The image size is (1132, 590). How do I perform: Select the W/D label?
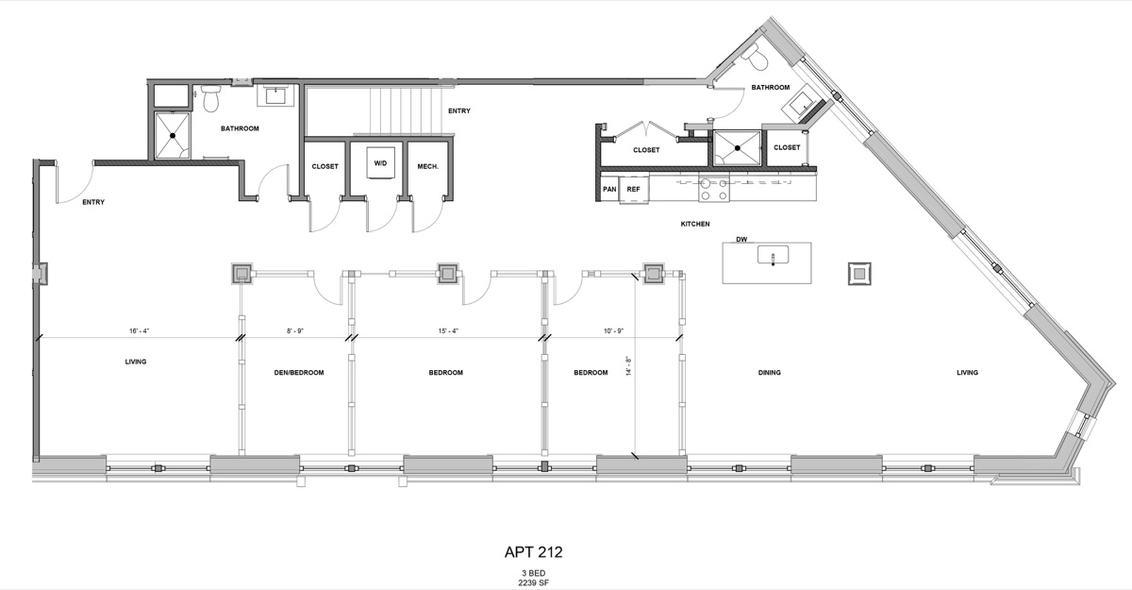(x=380, y=163)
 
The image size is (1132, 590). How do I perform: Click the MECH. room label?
(x=426, y=166)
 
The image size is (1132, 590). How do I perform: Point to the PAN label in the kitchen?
(x=609, y=188)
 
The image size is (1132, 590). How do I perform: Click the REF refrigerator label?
(x=633, y=188)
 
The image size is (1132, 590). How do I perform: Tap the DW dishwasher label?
(x=741, y=240)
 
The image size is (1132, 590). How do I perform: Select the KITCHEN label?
(x=695, y=224)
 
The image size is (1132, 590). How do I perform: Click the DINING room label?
(x=769, y=373)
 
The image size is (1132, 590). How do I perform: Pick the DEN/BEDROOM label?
(x=299, y=373)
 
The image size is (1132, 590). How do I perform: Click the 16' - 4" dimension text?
(x=139, y=331)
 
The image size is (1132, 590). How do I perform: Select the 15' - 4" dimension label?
(x=448, y=331)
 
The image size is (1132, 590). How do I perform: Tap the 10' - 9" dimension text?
(x=613, y=331)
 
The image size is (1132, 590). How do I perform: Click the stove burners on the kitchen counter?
(x=713, y=191)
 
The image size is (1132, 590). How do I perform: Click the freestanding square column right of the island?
(x=858, y=274)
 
